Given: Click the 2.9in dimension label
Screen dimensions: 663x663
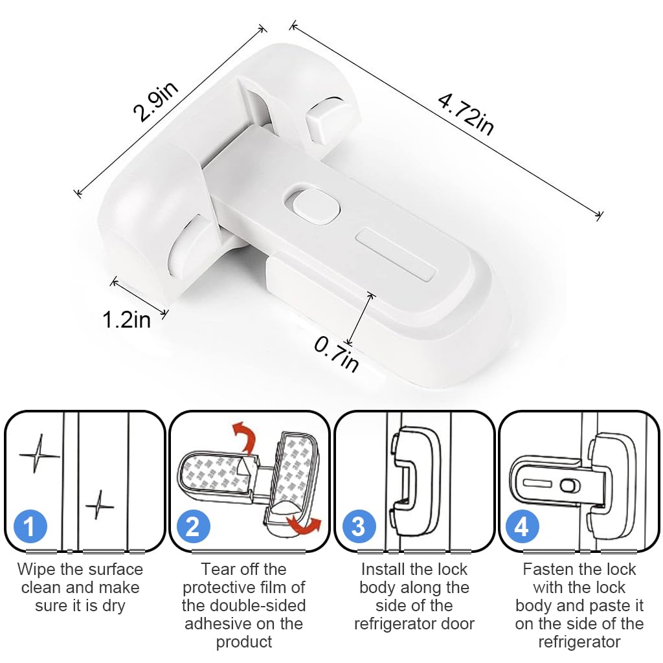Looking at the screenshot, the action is pos(155,102).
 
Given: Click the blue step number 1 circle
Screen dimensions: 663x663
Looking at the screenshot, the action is pos(30,527).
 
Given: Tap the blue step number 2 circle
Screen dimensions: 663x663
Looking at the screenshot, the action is pos(193,527).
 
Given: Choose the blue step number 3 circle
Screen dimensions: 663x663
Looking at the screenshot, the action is pos(359,527).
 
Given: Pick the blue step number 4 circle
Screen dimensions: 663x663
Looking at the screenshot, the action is pos(523,527).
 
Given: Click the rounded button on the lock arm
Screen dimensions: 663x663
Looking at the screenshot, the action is pos(312,206).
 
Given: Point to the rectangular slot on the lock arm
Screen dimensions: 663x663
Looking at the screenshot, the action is pos(396,254).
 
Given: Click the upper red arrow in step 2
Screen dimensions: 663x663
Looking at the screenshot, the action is pos(243,436).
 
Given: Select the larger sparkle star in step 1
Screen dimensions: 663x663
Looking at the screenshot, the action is pos(38,454).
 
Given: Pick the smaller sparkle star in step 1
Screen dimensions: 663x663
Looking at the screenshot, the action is pos(100,505).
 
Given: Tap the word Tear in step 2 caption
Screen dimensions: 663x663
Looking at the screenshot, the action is pos(216,570).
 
